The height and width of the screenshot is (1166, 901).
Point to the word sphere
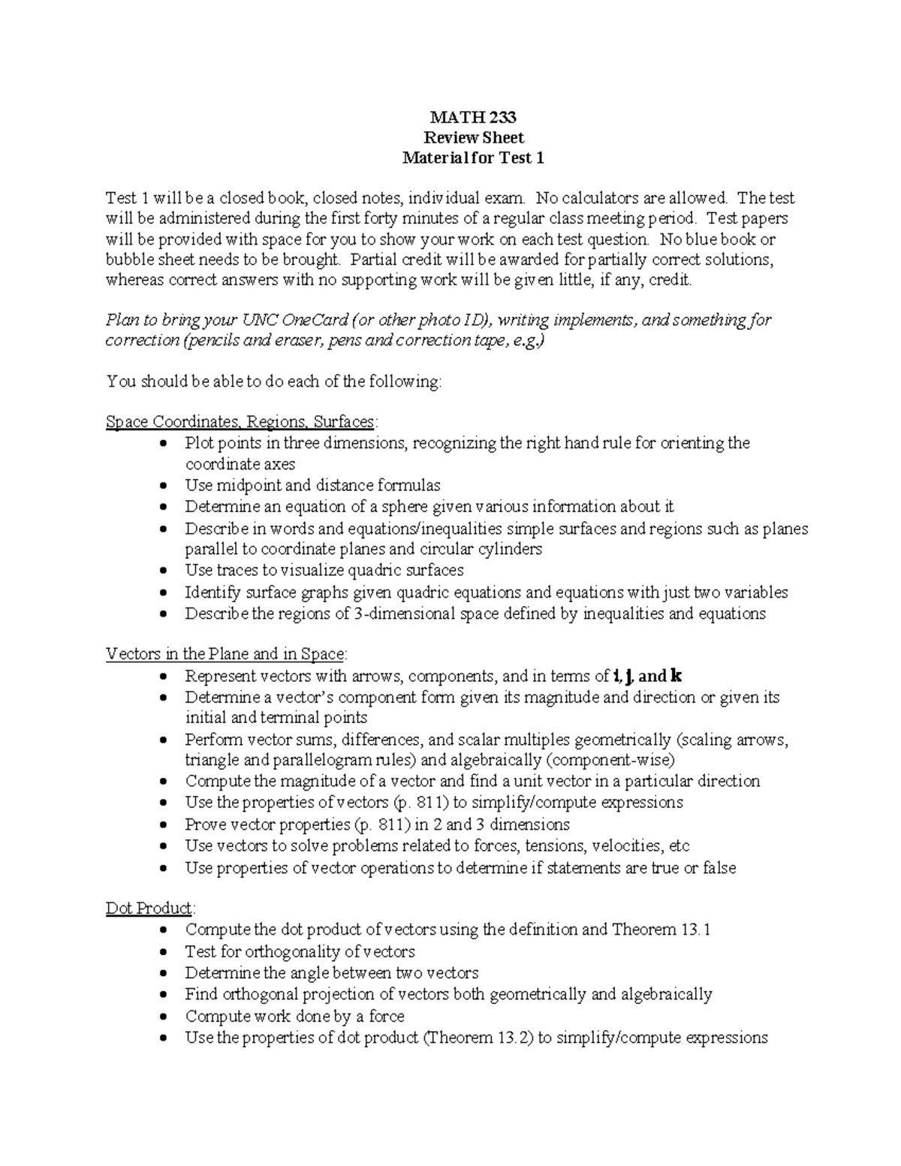click(407, 507)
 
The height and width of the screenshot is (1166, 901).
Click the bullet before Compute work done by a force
click(165, 1017)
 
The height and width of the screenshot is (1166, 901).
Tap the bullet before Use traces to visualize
click(165, 571)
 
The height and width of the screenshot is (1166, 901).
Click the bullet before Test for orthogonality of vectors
click(165, 953)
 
